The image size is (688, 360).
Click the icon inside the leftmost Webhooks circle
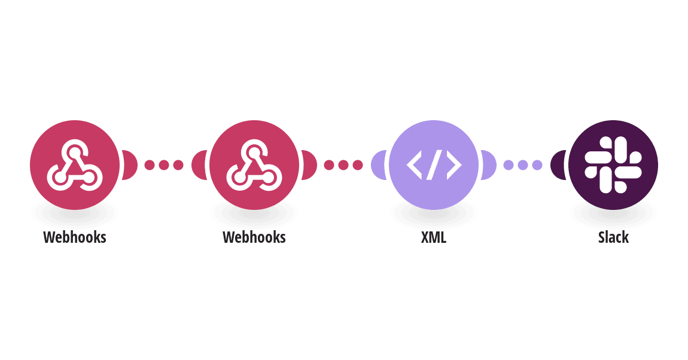point(75,165)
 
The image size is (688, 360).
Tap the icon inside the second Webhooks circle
point(254,165)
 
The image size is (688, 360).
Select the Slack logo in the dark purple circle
point(613,165)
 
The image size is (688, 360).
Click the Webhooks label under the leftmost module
point(75,237)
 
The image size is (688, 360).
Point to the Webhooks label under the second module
point(254,237)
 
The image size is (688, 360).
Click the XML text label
point(434,237)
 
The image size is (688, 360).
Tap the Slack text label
point(613,237)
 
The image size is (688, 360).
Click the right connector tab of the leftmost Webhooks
point(130,165)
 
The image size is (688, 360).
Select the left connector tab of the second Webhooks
point(199,165)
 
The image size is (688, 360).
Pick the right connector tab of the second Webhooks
point(309,165)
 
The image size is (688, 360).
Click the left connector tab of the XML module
point(379,165)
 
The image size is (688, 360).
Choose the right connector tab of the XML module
point(489,165)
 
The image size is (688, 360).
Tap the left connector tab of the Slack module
point(558,165)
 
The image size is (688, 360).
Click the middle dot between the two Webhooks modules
point(164,165)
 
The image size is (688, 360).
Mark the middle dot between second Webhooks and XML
point(343,165)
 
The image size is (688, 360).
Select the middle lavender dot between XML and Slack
point(523,165)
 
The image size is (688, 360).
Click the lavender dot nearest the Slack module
point(537,165)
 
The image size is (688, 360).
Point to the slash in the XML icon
point(434,165)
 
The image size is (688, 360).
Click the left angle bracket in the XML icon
point(414,165)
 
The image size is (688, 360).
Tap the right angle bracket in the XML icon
point(454,165)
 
